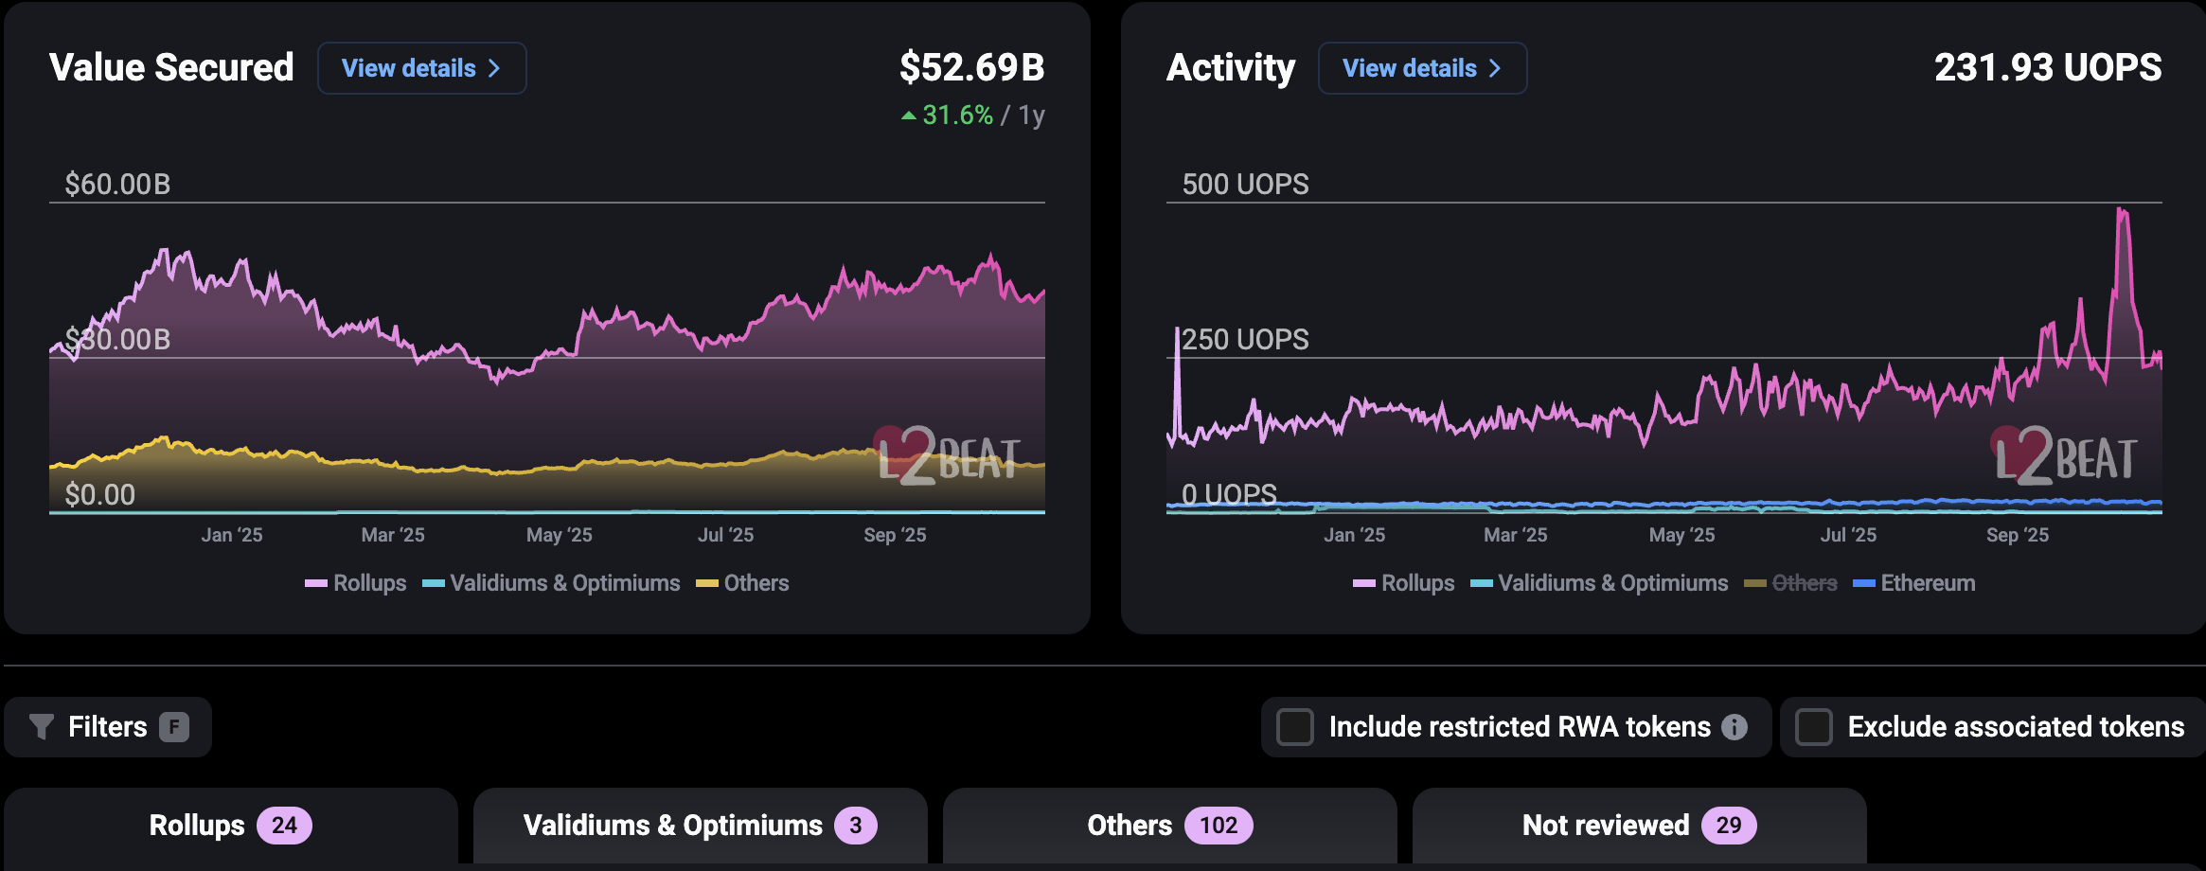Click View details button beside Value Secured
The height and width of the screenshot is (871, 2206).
(421, 68)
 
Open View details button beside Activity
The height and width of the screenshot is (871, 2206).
(1422, 68)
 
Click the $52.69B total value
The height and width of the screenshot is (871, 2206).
(971, 67)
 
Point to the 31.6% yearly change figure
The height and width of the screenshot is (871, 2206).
(957, 116)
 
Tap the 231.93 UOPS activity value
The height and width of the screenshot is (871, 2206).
(2047, 67)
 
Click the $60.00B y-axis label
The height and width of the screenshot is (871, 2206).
(117, 184)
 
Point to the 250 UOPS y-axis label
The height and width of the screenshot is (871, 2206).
(1245, 339)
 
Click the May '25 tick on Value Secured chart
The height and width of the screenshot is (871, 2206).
(559, 535)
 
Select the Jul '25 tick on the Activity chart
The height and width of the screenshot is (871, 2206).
(1847, 535)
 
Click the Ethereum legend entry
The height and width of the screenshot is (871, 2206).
(1927, 583)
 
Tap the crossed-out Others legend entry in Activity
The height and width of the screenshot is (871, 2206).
(1803, 583)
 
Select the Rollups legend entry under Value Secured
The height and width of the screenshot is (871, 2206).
(368, 583)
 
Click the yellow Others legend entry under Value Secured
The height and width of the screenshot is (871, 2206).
(755, 583)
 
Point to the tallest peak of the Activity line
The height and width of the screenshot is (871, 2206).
(2122, 211)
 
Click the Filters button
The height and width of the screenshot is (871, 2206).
(108, 727)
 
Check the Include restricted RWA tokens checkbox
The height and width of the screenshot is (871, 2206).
(1295, 727)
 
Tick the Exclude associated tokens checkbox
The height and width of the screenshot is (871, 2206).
(1814, 727)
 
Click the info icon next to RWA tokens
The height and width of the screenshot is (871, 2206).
(1735, 727)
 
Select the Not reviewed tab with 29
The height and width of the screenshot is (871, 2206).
(1638, 826)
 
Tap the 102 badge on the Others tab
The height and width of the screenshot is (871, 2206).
(1218, 826)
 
